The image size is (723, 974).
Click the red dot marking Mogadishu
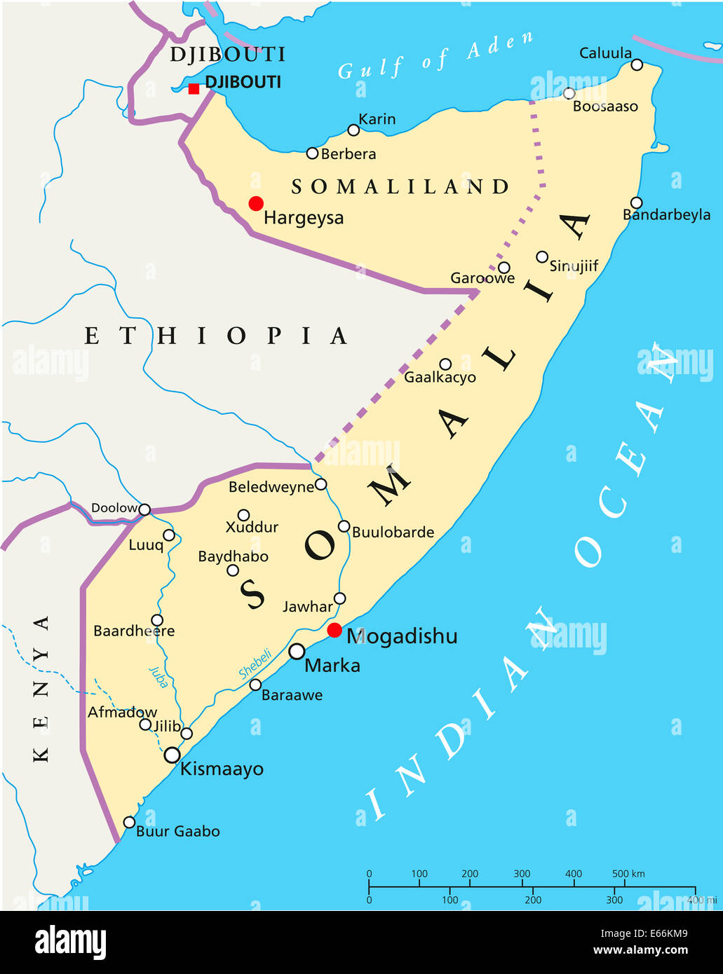335,630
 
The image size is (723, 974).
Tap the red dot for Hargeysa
256,203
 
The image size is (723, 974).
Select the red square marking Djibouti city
194,89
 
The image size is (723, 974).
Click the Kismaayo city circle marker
172,755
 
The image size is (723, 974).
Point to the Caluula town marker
637,64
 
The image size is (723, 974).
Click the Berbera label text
349,154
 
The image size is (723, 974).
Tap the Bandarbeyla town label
666,215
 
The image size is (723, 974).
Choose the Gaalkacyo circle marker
445,364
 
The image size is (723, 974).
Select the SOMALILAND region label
400,186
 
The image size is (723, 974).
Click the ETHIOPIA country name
216,336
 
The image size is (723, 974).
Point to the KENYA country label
41,688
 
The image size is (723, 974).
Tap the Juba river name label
158,676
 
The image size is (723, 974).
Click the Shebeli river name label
255,664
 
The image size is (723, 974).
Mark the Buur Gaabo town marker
129,822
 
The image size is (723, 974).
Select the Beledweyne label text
271,487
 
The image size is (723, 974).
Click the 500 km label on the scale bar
628,874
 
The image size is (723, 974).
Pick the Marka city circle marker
297,651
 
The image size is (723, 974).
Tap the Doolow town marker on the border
144,509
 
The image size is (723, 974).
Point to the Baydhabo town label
233,556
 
